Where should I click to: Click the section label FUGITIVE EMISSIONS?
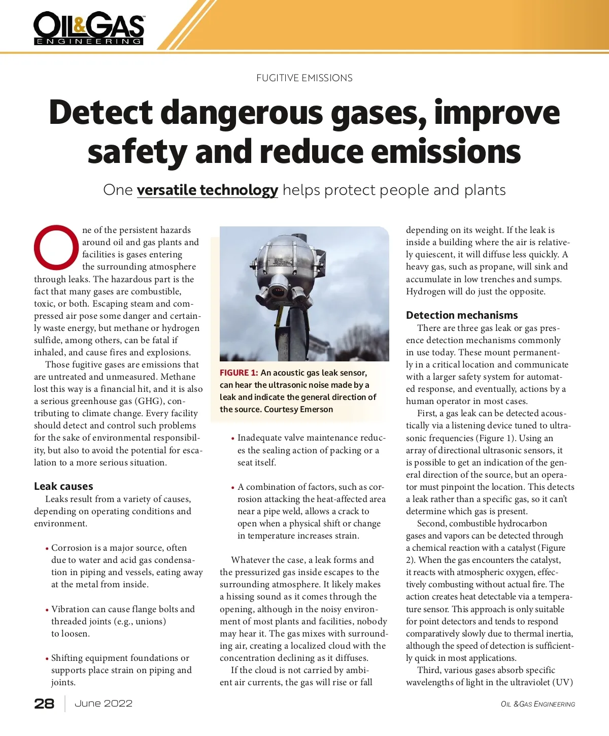click(304, 78)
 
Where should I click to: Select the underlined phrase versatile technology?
click(207, 190)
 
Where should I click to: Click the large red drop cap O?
click(56, 247)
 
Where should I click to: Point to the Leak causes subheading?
click(63, 486)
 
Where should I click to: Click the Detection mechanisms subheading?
click(462, 315)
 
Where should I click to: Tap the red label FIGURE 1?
click(239, 373)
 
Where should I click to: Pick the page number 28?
click(44, 704)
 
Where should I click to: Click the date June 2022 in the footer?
click(104, 704)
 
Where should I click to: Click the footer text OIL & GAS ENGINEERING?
click(538, 705)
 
